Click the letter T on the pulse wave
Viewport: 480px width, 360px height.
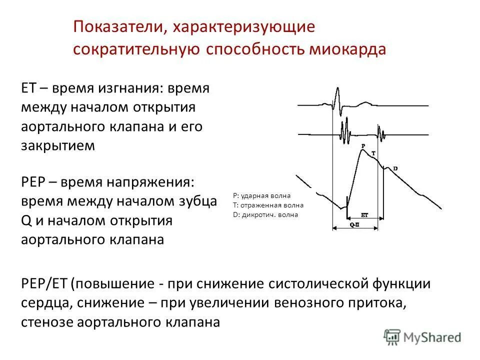[374, 151]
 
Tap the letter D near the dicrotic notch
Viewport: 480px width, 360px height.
[395, 169]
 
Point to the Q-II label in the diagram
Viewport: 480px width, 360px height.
[354, 225]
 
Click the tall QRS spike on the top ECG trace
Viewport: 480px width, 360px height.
[337, 97]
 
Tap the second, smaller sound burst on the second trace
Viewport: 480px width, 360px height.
[381, 134]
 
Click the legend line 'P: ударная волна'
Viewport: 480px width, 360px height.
[261, 195]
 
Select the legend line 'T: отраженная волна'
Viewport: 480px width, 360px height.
[268, 205]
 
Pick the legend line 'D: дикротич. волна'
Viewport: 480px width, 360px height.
[265, 214]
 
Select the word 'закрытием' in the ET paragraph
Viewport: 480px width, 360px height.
[57, 145]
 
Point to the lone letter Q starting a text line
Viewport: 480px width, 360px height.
[26, 220]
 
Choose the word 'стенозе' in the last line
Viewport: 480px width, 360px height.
[47, 322]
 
